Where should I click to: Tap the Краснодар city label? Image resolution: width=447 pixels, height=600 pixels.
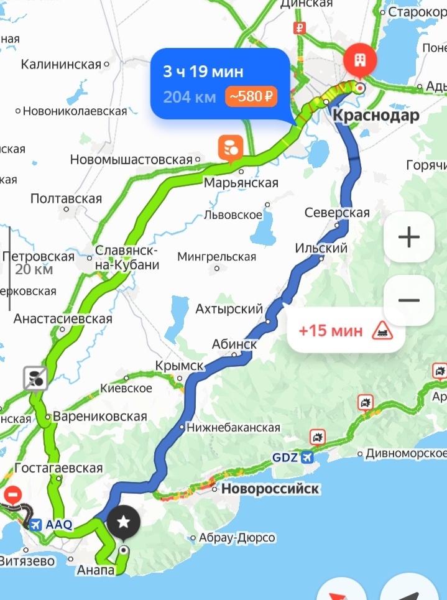point(376,115)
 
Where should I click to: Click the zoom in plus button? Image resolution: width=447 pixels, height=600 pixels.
point(408,236)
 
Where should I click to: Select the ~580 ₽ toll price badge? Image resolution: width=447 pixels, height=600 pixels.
point(252,97)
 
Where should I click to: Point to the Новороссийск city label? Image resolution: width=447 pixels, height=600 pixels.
point(270,489)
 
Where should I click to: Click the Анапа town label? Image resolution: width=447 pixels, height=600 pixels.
point(95,570)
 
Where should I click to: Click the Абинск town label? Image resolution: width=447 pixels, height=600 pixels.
point(234,344)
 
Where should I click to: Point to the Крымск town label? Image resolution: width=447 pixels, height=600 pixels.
point(179,366)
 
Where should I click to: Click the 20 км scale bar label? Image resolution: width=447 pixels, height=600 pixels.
point(34,269)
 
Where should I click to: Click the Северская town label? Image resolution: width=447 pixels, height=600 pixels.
point(337,213)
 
